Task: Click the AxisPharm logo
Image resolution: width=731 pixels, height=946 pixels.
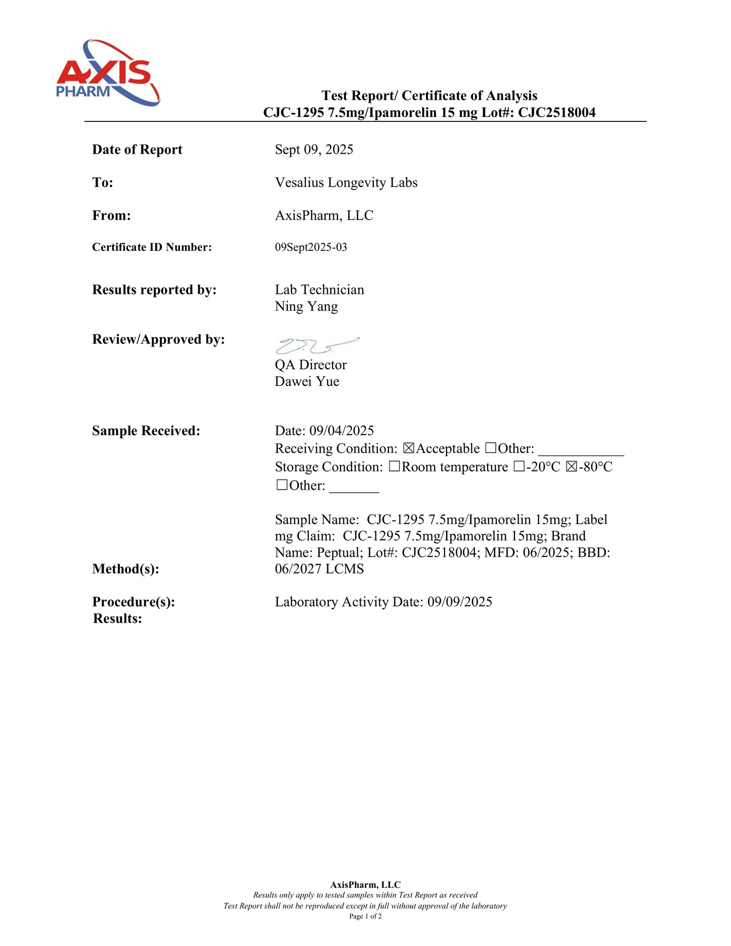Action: (108, 73)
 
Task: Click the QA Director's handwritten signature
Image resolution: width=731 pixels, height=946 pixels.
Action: (317, 346)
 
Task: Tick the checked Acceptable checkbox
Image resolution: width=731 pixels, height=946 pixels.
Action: (409, 449)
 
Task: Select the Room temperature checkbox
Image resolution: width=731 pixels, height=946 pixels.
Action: (395, 467)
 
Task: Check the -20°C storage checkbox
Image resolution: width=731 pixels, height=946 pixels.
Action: (519, 467)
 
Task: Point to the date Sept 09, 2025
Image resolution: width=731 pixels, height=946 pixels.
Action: (314, 150)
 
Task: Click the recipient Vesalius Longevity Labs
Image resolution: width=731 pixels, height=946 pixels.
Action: (346, 183)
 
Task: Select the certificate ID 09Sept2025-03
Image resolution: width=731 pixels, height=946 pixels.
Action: (311, 247)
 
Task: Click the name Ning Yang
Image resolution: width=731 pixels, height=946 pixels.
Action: (306, 307)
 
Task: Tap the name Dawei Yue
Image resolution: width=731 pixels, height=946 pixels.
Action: (307, 381)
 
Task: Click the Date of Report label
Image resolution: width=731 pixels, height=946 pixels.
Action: (137, 150)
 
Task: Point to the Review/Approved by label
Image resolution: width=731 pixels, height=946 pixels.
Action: (158, 339)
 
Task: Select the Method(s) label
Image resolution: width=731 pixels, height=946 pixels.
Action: (125, 569)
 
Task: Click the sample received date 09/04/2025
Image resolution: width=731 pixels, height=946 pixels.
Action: (341, 431)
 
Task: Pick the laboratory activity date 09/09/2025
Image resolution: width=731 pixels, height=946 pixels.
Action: (459, 602)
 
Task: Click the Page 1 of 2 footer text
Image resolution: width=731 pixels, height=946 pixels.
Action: (365, 916)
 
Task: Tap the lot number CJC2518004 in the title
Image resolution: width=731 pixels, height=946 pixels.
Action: (556, 112)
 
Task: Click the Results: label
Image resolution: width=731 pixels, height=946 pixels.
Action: (117, 619)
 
